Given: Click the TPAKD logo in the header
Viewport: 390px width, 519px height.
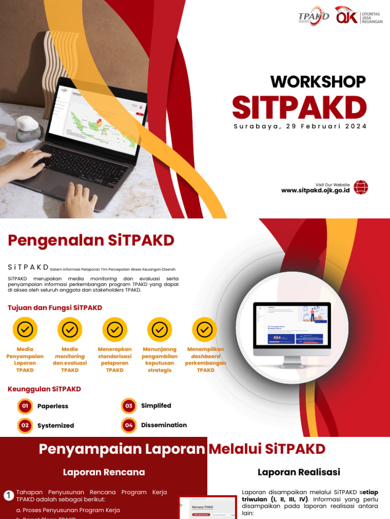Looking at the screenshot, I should click(313, 16).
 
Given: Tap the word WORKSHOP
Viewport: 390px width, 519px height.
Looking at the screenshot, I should click(318, 82).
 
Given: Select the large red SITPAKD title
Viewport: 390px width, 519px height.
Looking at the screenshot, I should click(299, 107).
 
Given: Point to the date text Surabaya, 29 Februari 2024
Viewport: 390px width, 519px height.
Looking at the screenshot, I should click(300, 126).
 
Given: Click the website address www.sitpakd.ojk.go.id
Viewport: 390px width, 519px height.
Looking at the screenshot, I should click(315, 191).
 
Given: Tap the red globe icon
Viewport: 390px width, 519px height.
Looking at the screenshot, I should click(361, 188).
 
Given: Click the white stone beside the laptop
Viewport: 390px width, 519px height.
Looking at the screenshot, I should click(27, 123).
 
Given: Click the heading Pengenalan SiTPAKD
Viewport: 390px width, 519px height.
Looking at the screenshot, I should click(91, 240).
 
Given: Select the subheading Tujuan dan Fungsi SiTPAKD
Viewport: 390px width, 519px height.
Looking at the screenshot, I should click(55, 308).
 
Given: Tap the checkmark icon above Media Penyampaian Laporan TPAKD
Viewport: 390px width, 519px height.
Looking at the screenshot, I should click(25, 330).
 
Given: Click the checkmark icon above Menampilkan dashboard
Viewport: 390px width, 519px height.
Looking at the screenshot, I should click(205, 330).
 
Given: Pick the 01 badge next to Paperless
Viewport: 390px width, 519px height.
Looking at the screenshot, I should click(25, 406).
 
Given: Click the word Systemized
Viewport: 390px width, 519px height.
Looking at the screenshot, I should click(56, 426).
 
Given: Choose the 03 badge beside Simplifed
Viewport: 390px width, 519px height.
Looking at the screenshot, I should click(129, 405).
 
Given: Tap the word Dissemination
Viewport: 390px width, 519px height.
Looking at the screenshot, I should click(164, 425).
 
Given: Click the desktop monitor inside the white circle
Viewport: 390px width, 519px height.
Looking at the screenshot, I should click(291, 329).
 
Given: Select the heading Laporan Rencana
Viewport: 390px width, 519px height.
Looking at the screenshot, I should click(104, 472).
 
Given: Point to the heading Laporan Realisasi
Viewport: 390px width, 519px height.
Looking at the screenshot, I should click(299, 472).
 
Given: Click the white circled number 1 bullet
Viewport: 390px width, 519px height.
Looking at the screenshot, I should click(9, 496).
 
